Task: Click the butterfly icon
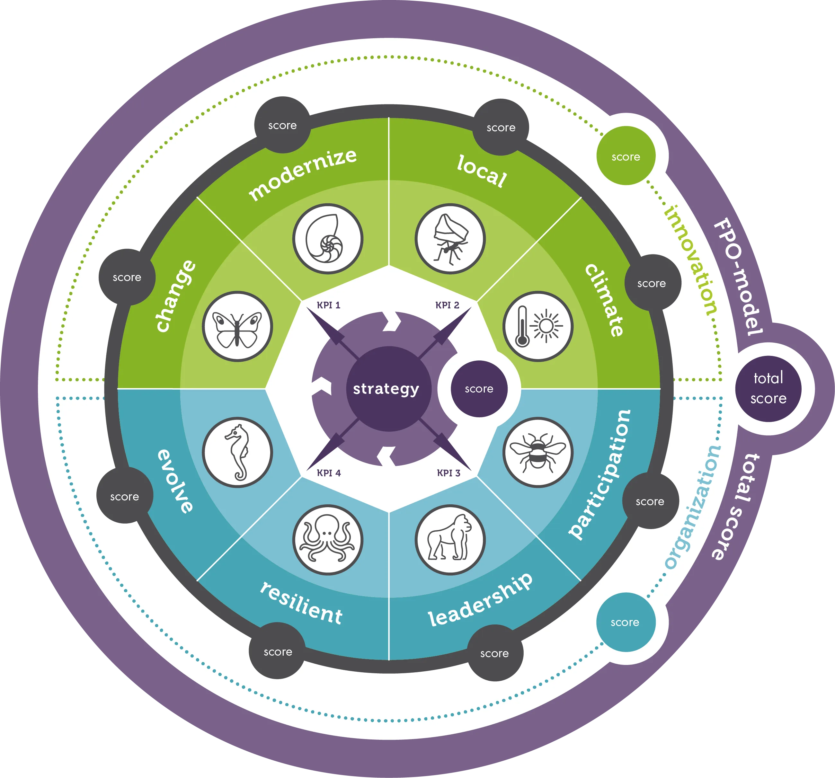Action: (237, 326)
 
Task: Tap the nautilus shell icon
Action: (328, 239)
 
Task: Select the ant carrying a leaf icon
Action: (450, 239)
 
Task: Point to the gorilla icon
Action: (450, 540)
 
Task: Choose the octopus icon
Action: (328, 540)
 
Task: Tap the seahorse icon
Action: (237, 453)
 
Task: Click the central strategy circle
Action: (388, 389)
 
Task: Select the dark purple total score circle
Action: (768, 389)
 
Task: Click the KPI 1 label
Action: (328, 305)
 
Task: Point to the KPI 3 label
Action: (449, 473)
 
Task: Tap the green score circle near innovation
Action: (626, 156)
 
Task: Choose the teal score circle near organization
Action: (626, 622)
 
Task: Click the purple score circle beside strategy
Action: (479, 389)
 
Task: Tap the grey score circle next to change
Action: (127, 277)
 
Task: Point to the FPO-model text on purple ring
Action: (738, 278)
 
